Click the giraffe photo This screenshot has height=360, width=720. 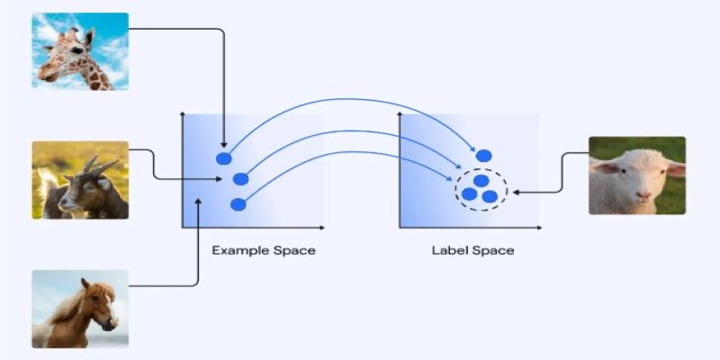click(x=80, y=51)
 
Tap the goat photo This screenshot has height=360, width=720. click(x=80, y=180)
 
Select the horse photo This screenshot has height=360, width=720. click(x=80, y=309)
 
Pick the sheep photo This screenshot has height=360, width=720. click(x=637, y=175)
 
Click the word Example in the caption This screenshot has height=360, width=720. click(x=240, y=251)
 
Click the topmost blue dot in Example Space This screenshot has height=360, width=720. click(x=223, y=158)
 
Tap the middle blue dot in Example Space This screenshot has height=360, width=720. click(x=240, y=179)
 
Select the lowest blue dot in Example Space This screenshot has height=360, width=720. click(x=238, y=204)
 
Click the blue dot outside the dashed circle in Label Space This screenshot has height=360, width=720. click(x=483, y=156)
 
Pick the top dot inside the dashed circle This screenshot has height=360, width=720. click(x=481, y=181)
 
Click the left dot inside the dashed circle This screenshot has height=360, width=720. click(x=469, y=194)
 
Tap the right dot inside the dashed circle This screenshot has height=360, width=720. click(x=490, y=196)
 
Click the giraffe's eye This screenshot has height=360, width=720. click(x=76, y=49)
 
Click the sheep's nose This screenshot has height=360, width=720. click(x=643, y=195)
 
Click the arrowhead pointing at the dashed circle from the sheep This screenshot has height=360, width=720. click(x=515, y=193)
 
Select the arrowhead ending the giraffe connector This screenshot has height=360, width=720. click(x=223, y=145)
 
